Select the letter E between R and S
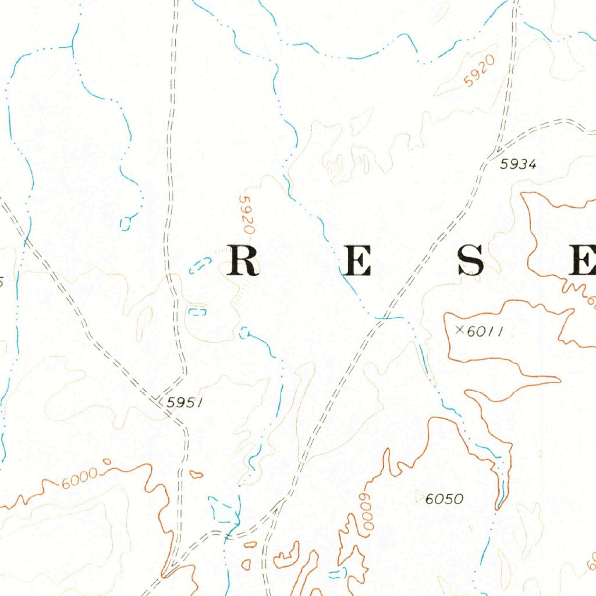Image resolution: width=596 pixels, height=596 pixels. tap(357, 260)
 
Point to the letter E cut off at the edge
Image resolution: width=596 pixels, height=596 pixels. tap(584, 260)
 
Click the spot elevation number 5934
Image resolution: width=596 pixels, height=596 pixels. tap(517, 165)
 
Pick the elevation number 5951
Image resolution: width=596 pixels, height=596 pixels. tap(184, 402)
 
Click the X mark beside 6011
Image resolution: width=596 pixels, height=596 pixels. tap(460, 330)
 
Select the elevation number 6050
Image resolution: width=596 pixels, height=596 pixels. tap(444, 499)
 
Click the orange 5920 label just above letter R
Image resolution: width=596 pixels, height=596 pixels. tap(247, 214)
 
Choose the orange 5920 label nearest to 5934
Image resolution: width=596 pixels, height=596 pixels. tap(480, 71)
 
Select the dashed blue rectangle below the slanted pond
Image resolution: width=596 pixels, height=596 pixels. tap(198, 312)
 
